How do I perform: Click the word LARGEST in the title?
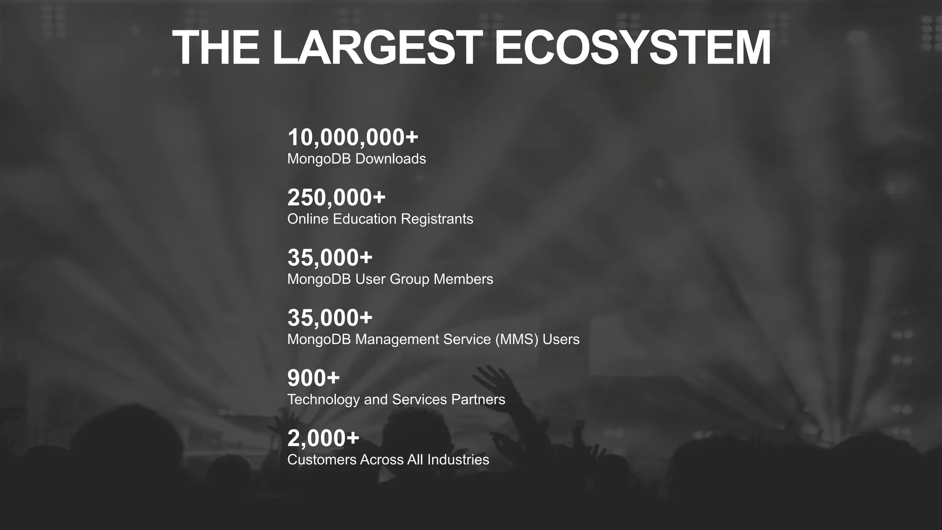[x=377, y=48]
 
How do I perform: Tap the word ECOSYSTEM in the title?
[x=632, y=48]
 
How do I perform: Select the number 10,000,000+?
[x=353, y=137]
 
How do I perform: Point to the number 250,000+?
[x=336, y=197]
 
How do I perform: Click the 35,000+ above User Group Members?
[x=330, y=258]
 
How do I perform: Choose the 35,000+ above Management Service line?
[x=330, y=318]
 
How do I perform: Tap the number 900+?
[x=313, y=378]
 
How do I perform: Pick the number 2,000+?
[x=323, y=438]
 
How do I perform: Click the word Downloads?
[x=391, y=159]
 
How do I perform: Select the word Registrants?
[x=437, y=219]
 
